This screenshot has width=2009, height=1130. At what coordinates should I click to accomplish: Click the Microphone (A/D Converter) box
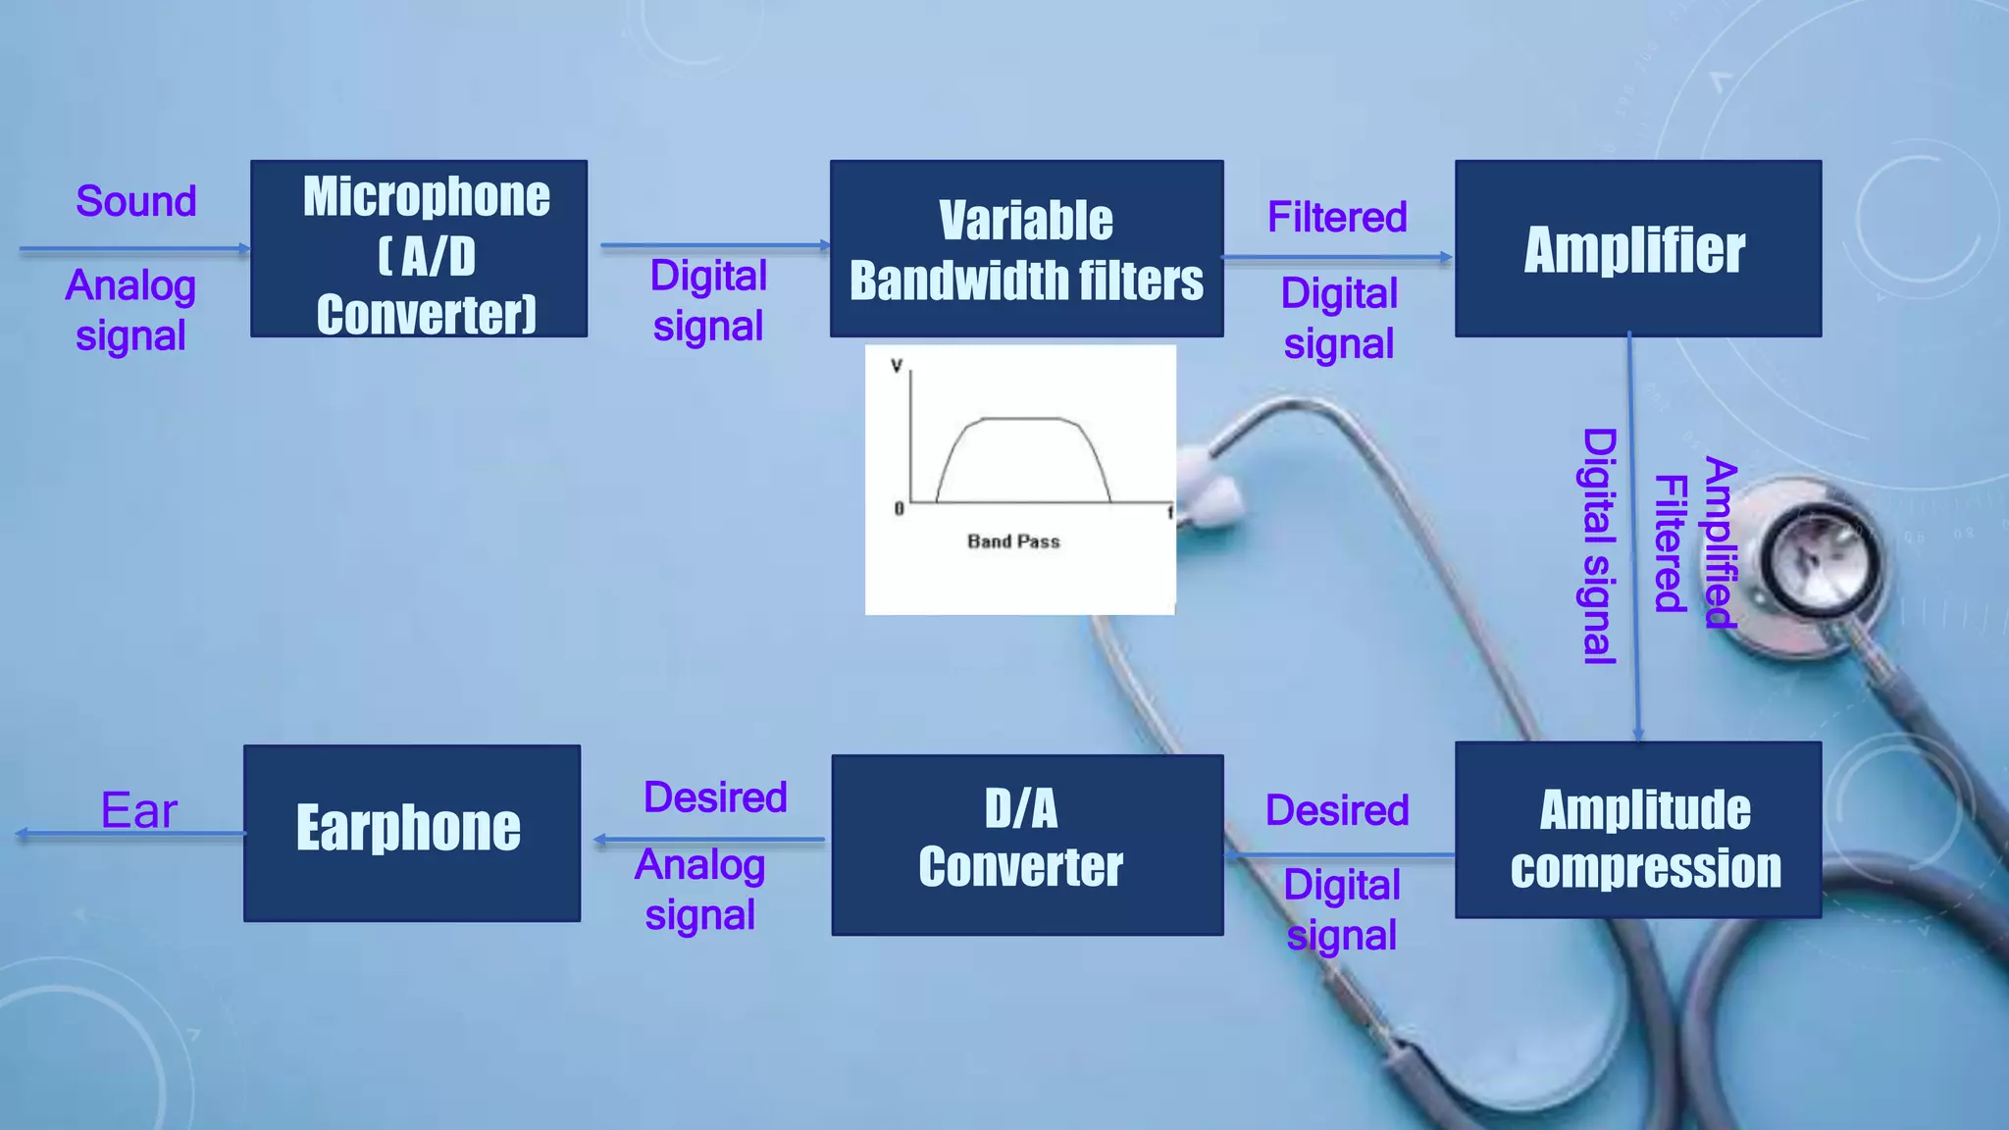[419, 249]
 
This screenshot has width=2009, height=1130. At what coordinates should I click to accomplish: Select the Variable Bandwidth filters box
[1026, 249]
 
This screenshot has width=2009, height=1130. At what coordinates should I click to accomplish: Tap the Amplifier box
[1637, 249]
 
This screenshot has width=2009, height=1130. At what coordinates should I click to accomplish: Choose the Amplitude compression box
[1637, 830]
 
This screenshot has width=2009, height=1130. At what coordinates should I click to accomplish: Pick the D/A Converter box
[1026, 844]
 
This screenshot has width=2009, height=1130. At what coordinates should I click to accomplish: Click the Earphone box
[411, 832]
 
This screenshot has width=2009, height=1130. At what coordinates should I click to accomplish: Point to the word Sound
[136, 202]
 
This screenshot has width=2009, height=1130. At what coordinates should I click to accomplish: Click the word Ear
[139, 811]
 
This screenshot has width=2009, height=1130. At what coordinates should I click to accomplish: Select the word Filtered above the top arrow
[1337, 218]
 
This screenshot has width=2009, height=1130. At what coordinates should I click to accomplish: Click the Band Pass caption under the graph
[1013, 541]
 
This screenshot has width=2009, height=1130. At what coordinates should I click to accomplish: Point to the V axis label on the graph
[896, 366]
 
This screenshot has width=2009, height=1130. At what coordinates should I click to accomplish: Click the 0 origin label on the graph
[899, 508]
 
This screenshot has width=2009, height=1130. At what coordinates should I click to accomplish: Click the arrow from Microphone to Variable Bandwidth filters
[714, 245]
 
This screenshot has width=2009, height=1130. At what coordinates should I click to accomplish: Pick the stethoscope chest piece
[1821, 559]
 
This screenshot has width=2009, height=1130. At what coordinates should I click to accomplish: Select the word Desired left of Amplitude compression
[1337, 811]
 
